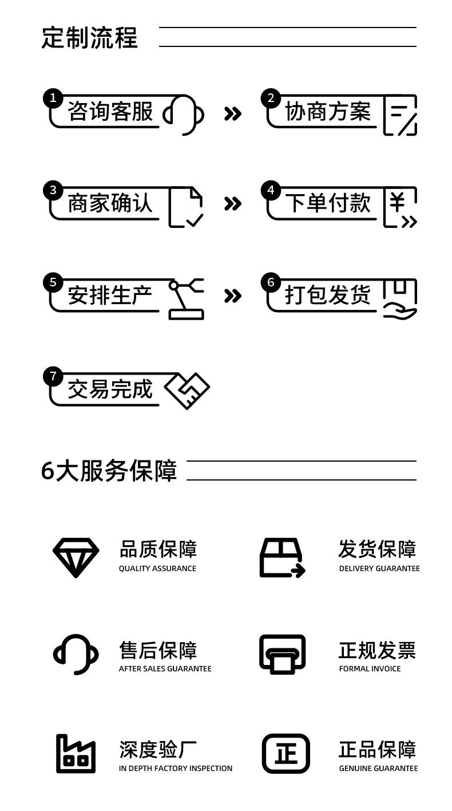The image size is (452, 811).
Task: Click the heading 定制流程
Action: coord(89,38)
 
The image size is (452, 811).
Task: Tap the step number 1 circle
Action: coord(53,99)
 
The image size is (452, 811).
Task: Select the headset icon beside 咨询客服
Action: coord(184,115)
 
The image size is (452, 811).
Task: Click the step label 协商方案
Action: coord(328,112)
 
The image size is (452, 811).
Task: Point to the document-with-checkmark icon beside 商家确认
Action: coord(186,207)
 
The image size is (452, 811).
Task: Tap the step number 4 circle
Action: coord(270,190)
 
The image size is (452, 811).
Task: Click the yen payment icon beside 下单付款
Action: coord(400,207)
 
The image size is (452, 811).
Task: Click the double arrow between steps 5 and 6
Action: coord(232,296)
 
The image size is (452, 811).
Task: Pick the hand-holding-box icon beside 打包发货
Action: coord(400,298)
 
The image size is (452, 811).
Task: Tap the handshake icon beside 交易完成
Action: coord(187,391)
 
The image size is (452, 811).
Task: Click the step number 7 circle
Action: coord(53,376)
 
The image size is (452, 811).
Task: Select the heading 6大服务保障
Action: coord(109,471)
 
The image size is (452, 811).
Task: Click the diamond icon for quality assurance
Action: coord(76,557)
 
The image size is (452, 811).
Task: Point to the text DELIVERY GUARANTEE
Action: coord(379,569)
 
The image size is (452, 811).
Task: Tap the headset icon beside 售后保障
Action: coord(76,654)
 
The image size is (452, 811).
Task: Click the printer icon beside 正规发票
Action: coord(282,654)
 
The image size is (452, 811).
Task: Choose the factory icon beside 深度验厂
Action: coord(76,754)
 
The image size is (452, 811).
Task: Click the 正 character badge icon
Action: coord(286,754)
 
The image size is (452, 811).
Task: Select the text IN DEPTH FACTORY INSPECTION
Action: coord(176,769)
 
